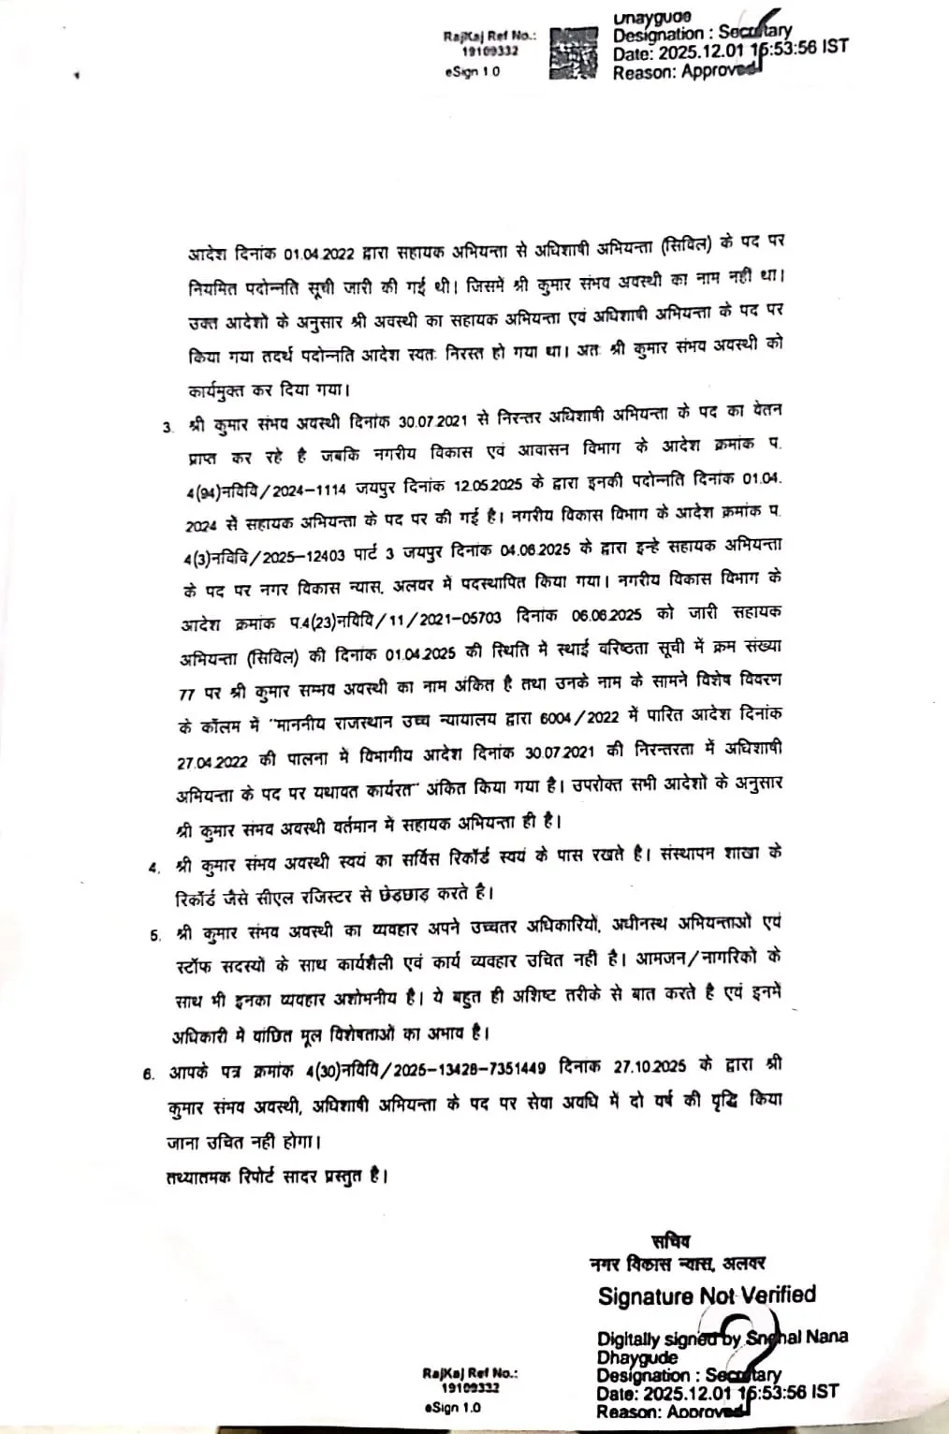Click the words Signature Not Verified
click(707, 1295)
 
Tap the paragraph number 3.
click(168, 428)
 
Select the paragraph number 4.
click(153, 867)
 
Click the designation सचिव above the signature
click(669, 1241)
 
